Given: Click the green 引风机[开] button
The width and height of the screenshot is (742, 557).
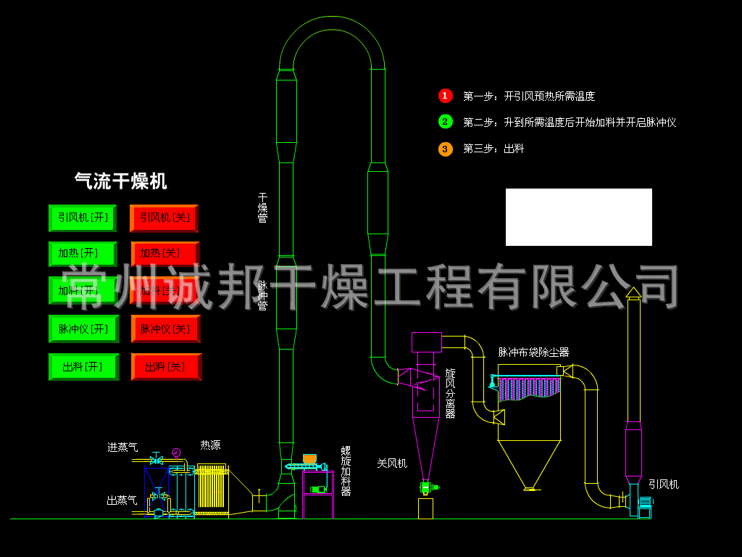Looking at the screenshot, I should [x=83, y=218].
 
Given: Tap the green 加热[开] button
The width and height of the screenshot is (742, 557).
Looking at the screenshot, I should [x=83, y=254].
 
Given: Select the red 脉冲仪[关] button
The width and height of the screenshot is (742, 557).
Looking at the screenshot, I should [x=165, y=329].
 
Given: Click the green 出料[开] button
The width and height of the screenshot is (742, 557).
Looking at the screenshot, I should [x=83, y=367].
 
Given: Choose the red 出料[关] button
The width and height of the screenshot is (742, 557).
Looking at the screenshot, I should [x=165, y=367].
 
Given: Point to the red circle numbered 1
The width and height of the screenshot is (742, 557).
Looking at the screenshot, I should [x=445, y=96].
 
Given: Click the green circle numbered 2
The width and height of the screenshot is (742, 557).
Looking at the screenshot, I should [x=445, y=122].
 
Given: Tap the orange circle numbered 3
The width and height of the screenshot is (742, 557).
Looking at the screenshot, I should [x=445, y=149].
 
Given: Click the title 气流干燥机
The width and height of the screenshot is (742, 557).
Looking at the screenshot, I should [x=120, y=181].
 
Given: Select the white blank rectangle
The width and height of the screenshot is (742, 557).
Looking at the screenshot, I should [x=578, y=217].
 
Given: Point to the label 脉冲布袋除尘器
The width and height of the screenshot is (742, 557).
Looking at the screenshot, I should [x=533, y=352].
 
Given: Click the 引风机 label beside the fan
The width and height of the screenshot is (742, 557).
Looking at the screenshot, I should [x=663, y=484].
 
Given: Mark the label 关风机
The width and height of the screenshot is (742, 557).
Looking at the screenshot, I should [x=392, y=463].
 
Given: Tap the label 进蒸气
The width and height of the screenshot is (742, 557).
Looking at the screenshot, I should [x=122, y=447].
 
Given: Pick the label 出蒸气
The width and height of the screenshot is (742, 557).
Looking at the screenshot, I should [x=122, y=500].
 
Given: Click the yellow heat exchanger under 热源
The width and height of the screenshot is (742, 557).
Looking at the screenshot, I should [x=212, y=487].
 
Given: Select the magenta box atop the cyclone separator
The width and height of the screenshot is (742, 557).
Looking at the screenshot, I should [x=426, y=342].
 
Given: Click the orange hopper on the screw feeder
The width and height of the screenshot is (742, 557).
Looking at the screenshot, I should [x=309, y=459].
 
